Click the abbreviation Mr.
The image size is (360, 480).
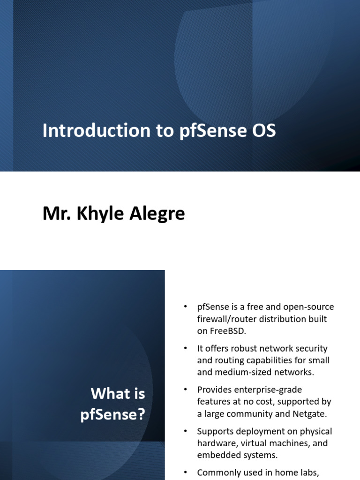point(53,214)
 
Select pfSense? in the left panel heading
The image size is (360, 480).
point(112,415)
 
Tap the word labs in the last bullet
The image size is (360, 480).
point(311,472)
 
